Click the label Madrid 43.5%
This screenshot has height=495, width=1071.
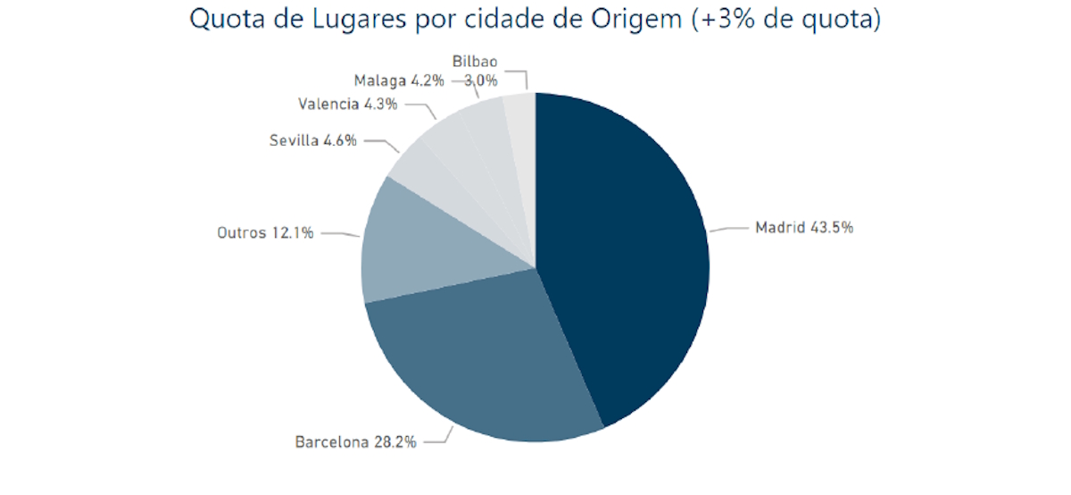804,227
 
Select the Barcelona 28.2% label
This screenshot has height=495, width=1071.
355,441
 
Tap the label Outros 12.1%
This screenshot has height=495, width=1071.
265,233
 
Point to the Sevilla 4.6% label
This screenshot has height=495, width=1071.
312,140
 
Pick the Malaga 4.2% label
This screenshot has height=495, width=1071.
399,80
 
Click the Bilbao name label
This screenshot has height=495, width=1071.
475,63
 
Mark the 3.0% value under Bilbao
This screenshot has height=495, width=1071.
480,80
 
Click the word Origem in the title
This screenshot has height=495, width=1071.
640,20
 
